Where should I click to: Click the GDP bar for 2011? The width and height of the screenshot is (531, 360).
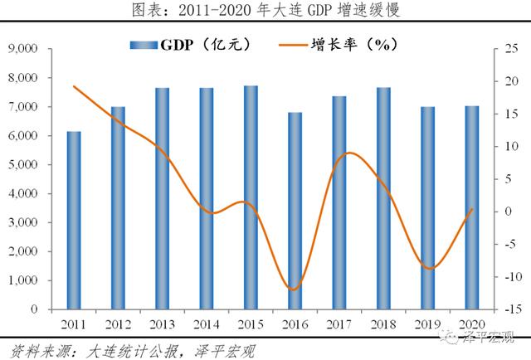click(74, 220)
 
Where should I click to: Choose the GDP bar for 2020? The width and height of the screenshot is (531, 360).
click(471, 207)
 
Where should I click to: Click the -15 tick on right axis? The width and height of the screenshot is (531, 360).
click(508, 309)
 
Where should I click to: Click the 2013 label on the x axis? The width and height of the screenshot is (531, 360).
click(163, 322)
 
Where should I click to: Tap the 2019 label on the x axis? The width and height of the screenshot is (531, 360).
click(427, 322)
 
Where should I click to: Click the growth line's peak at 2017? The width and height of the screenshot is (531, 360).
click(350, 153)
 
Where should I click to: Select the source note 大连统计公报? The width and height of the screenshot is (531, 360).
click(124, 350)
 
